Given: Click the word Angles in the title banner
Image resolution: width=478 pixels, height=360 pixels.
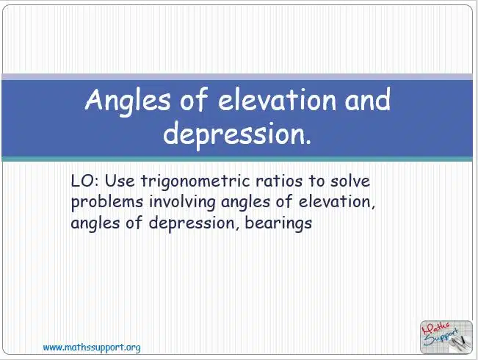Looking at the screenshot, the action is click(x=128, y=101).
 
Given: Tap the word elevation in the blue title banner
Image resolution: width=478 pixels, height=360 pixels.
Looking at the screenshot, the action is click(x=277, y=99).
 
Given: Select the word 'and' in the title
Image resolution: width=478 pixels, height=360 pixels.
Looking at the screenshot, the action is click(x=367, y=99).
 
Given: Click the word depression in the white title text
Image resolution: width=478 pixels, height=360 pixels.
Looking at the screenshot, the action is click(x=237, y=134).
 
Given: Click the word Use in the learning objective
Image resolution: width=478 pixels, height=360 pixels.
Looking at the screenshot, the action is click(x=120, y=181).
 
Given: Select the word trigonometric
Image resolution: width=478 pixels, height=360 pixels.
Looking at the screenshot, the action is click(x=196, y=181).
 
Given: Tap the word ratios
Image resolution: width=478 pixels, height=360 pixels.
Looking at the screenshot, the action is click(x=279, y=181).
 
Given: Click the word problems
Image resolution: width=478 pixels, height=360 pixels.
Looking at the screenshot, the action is click(x=107, y=203).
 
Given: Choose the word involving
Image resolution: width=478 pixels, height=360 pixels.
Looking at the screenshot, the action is click(x=182, y=203).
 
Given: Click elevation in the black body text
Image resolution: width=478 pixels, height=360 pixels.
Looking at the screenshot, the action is click(x=337, y=202).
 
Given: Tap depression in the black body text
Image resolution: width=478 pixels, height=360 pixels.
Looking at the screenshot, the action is click(x=192, y=223).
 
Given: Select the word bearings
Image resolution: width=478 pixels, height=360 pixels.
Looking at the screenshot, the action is click(x=278, y=223).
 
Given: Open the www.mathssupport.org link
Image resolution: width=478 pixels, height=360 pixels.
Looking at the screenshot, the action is click(x=92, y=348).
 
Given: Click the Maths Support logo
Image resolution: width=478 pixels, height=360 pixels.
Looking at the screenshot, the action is click(x=446, y=337).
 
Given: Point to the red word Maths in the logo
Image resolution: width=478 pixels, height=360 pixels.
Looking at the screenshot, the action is click(x=435, y=328).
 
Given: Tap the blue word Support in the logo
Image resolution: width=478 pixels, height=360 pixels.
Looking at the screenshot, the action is click(x=441, y=337).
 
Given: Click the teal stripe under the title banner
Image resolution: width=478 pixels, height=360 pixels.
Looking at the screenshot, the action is click(x=237, y=159).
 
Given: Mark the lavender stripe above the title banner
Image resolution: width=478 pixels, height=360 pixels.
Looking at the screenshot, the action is click(x=237, y=77).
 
